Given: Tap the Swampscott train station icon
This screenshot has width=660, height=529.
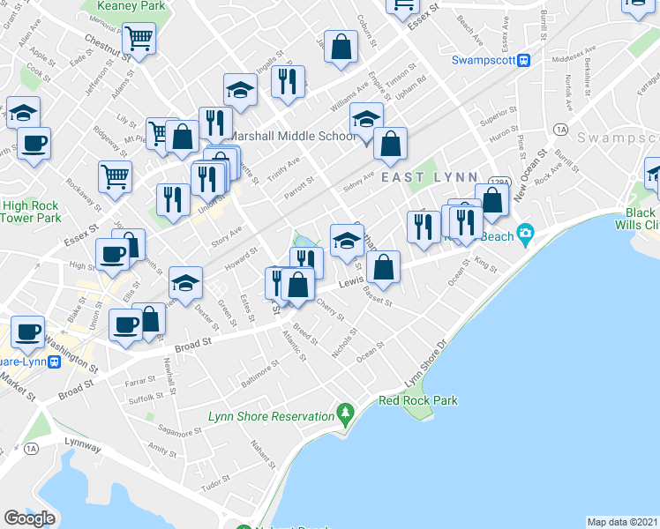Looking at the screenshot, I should click(x=523, y=60).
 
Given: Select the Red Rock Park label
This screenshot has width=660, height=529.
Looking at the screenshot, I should click(x=418, y=400).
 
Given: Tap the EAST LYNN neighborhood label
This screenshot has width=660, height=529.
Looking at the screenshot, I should click(x=430, y=178).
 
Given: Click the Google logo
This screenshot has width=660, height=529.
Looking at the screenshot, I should click(x=29, y=518).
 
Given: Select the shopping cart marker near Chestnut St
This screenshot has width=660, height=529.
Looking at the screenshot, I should click(x=139, y=40).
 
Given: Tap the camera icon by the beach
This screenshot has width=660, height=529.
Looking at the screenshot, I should click(x=526, y=235).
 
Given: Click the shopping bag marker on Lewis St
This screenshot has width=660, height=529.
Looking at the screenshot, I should click(x=385, y=269).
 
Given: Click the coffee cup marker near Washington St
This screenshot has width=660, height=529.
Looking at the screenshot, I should click(x=28, y=331).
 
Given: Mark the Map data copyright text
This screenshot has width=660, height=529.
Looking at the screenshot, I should click(x=623, y=522).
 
